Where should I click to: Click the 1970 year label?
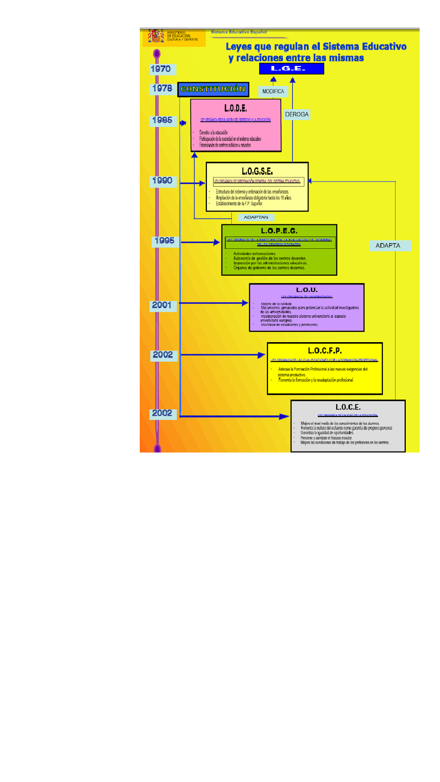(x=161, y=69)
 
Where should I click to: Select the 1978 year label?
(x=162, y=88)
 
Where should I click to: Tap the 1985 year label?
(x=162, y=120)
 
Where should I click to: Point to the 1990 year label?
(x=162, y=181)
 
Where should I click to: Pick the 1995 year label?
(x=164, y=240)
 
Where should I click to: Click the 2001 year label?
(x=162, y=305)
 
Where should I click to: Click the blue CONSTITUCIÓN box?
(x=213, y=89)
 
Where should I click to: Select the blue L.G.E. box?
(x=291, y=69)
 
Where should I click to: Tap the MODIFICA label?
(x=273, y=91)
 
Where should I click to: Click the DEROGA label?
(x=297, y=114)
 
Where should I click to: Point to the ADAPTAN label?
(x=256, y=217)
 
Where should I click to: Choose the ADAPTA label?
(x=388, y=246)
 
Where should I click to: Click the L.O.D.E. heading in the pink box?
(x=236, y=108)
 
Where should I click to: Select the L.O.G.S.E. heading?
(x=257, y=171)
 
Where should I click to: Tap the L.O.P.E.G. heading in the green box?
(x=279, y=231)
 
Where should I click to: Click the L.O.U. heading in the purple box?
(x=307, y=290)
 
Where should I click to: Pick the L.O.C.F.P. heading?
(x=325, y=350)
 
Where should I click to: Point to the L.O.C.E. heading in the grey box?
(x=348, y=407)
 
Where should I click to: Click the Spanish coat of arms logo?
(x=156, y=36)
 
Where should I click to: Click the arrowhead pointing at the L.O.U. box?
(x=245, y=303)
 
